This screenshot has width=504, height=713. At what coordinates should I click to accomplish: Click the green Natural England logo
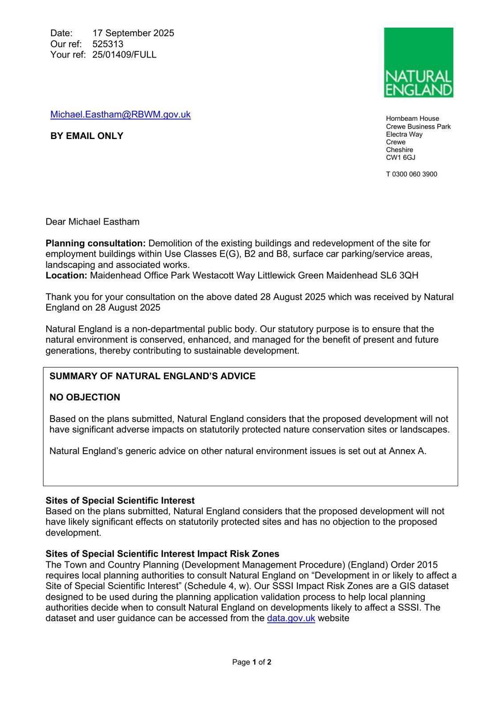(418, 62)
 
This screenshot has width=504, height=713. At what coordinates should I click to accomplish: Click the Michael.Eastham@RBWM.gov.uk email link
(120, 115)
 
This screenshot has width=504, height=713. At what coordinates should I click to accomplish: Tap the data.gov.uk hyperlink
(291, 619)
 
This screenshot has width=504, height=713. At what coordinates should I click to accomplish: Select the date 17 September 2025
(133, 33)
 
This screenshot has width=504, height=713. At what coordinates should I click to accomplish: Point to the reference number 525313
(108, 44)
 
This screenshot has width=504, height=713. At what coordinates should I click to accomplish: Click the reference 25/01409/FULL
(124, 55)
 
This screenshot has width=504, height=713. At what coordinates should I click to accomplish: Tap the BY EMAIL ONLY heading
(86, 136)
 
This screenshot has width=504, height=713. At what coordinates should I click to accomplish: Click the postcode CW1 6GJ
(400, 158)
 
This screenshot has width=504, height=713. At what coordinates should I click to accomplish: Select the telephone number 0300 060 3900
(415, 174)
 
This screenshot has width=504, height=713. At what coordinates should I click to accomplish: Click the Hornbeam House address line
(412, 119)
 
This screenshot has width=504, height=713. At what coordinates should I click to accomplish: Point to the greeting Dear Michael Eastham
(92, 222)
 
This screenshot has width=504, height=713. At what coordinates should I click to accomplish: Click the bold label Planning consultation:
(95, 243)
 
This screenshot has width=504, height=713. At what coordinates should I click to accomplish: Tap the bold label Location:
(66, 275)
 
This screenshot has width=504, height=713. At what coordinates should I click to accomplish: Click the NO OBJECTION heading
(85, 397)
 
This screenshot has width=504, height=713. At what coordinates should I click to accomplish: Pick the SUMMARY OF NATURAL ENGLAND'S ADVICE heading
(152, 376)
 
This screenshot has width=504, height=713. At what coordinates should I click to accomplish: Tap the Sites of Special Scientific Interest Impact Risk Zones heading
(162, 554)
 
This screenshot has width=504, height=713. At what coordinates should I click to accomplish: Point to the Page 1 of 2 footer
(252, 662)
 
